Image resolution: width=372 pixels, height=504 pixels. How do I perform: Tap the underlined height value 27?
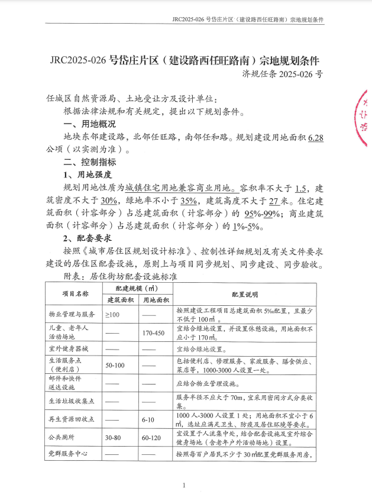point(273,201)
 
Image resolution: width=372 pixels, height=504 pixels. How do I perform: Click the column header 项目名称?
point(75,293)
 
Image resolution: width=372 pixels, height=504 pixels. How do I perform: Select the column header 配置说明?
point(245,293)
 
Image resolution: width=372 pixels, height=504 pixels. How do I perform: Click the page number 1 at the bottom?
point(185,486)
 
